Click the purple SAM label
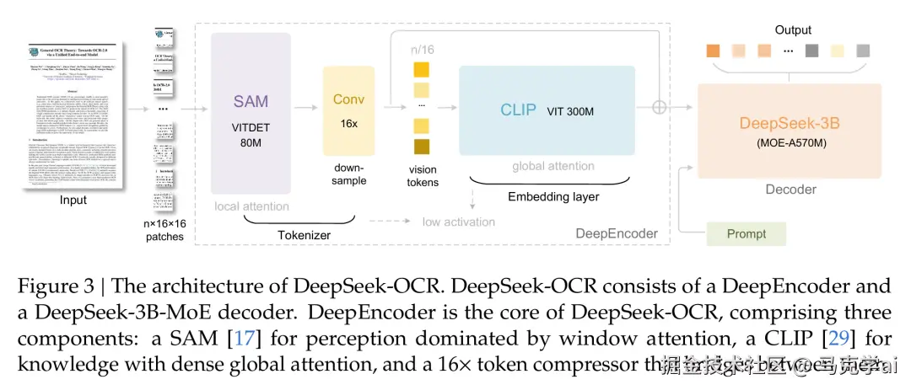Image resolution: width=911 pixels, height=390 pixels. pyautogui.click(x=251, y=102)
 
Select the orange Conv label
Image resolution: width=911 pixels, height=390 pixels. pyautogui.click(x=348, y=99)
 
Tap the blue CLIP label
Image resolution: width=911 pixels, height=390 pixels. pyautogui.click(x=518, y=110)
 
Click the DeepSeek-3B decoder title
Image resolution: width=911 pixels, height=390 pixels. pyautogui.click(x=790, y=123)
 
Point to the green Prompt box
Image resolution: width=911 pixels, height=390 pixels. pyautogui.click(x=746, y=233)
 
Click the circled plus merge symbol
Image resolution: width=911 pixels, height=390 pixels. pyautogui.click(x=660, y=107)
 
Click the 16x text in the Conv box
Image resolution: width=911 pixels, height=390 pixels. pyautogui.click(x=348, y=123)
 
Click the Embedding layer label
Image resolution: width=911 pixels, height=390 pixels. pyautogui.click(x=553, y=196)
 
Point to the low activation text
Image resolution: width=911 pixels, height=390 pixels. pyautogui.click(x=460, y=221)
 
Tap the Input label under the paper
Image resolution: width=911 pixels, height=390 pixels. pyautogui.click(x=73, y=200)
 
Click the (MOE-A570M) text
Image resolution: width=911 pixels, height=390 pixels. pyautogui.click(x=790, y=142)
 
